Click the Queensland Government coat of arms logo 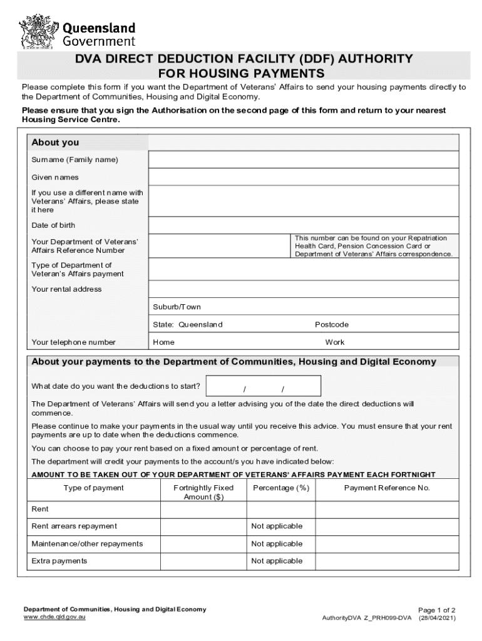(x=38, y=29)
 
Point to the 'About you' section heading (x=55, y=143)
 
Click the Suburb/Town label (x=177, y=307)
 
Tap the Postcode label (x=332, y=324)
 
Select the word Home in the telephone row (x=164, y=342)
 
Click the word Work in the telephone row (x=335, y=342)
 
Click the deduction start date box (x=264, y=386)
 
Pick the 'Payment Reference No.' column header (x=387, y=488)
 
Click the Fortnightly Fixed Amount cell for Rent (x=203, y=510)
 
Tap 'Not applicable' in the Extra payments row (x=277, y=561)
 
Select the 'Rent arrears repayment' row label (x=74, y=526)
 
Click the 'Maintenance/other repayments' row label (x=87, y=543)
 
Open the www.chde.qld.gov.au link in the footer (x=54, y=617)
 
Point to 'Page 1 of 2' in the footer (x=436, y=610)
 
